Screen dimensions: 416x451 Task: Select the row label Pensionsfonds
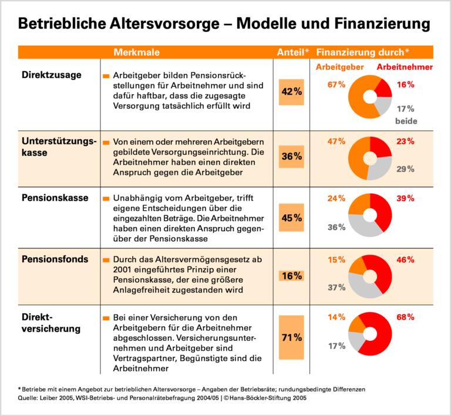(55, 259)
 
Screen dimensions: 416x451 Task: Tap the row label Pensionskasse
(55, 198)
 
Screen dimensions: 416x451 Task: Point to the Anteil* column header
(292, 52)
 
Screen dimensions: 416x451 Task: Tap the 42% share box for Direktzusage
(292, 92)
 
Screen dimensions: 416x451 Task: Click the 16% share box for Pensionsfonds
(292, 275)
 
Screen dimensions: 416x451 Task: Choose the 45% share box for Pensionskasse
(292, 218)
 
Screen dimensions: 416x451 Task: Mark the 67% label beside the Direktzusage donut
(336, 84)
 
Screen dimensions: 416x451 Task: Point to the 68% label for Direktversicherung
(405, 317)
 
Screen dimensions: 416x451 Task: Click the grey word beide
(406, 121)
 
